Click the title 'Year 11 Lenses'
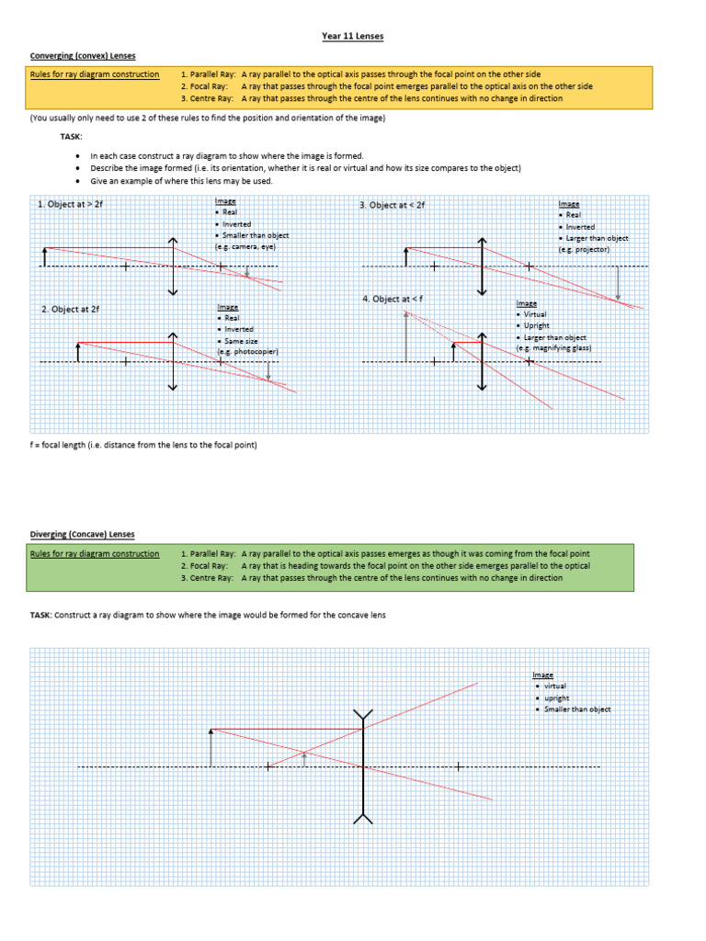click(x=352, y=36)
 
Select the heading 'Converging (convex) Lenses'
click(x=83, y=56)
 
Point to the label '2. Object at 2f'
click(x=70, y=310)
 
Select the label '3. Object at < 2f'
click(x=393, y=205)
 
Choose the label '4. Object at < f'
click(x=394, y=300)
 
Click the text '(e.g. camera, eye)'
click(x=245, y=247)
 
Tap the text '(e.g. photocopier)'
click(x=247, y=352)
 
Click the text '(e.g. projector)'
click(x=583, y=249)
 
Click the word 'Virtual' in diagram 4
click(x=535, y=314)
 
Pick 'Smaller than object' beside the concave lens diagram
click(x=577, y=709)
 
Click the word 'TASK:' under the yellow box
click(x=71, y=135)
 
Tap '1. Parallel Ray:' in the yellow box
click(x=208, y=74)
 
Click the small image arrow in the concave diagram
click(x=304, y=756)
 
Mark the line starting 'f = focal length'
click(x=143, y=445)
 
